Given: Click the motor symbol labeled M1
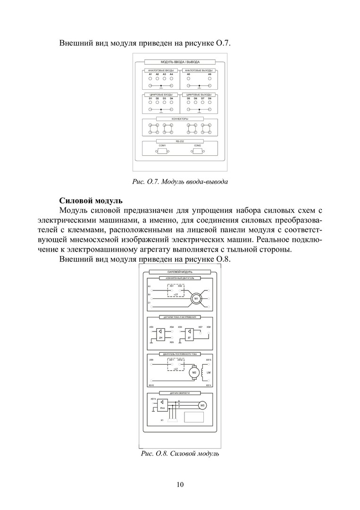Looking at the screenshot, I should (x=196, y=299).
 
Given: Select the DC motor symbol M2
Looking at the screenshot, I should (x=194, y=373).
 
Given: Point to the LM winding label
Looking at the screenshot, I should (x=208, y=372).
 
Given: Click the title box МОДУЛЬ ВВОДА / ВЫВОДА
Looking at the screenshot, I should (x=180, y=62).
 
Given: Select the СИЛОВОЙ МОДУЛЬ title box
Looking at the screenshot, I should (x=179, y=272).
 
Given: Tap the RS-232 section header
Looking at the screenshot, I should (x=180, y=141).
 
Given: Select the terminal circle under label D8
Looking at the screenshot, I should (x=209, y=102).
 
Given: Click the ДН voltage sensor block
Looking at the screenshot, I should (x=160, y=334).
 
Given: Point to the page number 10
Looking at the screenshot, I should (x=180, y=484).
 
